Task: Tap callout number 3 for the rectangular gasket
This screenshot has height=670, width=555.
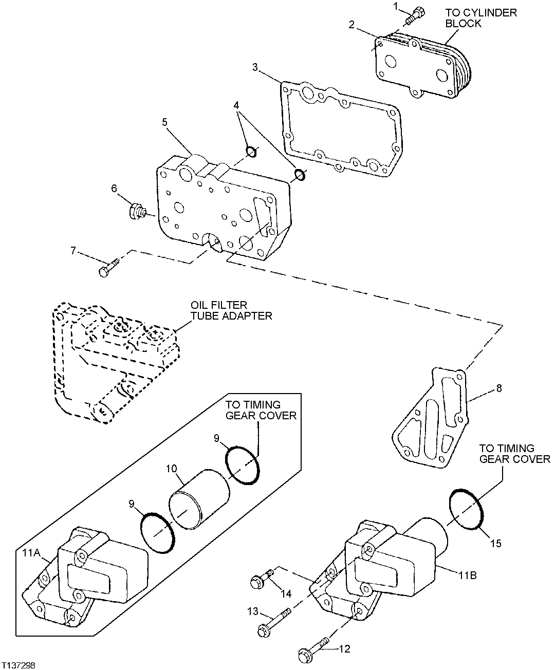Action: point(255,67)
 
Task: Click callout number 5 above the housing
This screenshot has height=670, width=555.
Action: point(164,122)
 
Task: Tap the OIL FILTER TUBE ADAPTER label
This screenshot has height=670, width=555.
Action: point(230,310)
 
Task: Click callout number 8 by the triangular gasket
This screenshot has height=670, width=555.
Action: point(498,389)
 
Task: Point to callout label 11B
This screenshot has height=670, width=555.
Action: point(467,575)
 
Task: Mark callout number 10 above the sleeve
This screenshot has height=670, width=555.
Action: point(172,469)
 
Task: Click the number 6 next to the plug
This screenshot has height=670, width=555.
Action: point(114,189)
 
